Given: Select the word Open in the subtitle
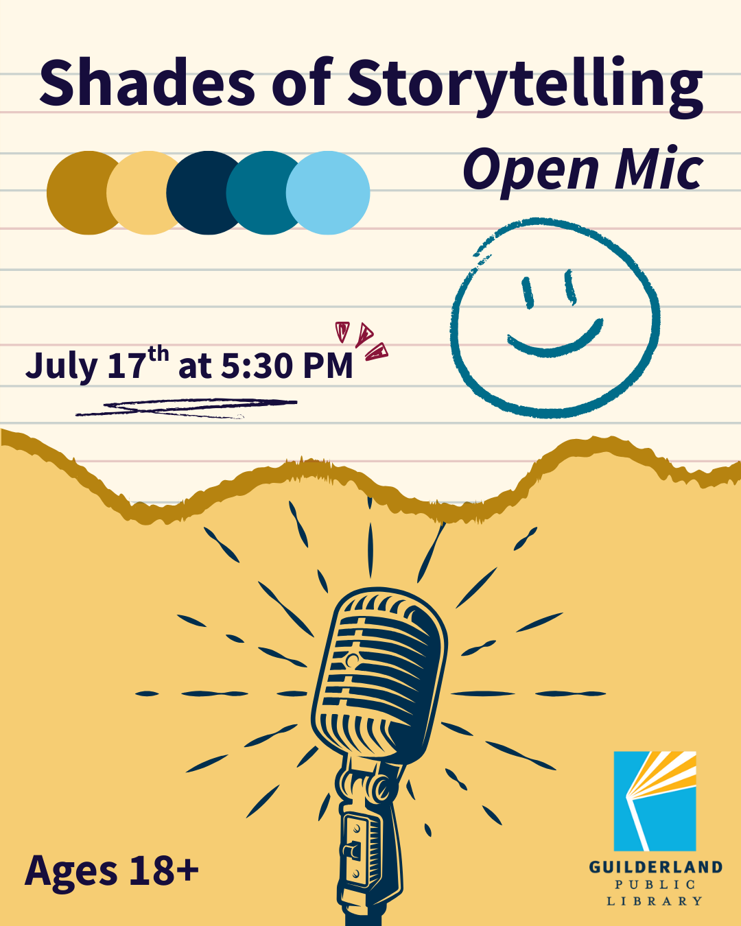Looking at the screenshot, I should tap(530, 170).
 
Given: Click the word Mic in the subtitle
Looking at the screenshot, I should tap(659, 169).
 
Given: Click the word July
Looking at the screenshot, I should tap(62, 366).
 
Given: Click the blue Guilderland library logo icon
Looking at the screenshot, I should tap(655, 800).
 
